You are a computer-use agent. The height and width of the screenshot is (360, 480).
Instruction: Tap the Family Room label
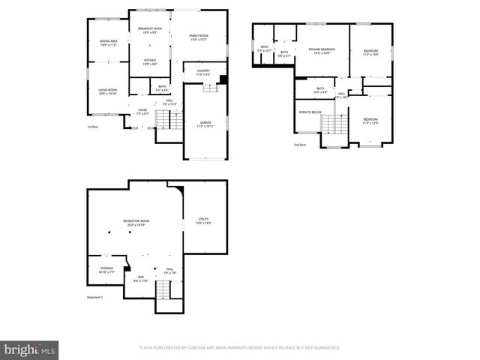click(199, 37)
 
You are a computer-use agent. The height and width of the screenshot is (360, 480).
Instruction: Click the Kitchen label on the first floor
click(149, 61)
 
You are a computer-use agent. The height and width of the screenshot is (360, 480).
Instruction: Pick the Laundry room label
click(202, 72)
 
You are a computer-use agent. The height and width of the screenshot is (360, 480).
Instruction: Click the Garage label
click(205, 124)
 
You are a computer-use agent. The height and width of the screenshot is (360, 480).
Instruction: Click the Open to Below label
click(310, 112)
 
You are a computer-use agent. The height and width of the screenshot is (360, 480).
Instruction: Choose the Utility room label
click(203, 221)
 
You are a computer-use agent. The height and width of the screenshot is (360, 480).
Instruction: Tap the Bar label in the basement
click(140, 278)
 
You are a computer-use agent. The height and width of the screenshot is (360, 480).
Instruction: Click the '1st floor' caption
click(94, 127)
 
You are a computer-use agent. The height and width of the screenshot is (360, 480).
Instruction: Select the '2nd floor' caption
click(300, 145)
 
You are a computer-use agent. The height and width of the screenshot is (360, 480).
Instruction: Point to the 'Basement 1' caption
click(95, 297)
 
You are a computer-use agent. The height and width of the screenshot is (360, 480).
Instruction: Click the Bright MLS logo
click(29, 349)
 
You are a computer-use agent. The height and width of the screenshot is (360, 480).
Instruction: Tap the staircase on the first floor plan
click(168, 118)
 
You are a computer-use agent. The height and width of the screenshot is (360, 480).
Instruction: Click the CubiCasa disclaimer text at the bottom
click(240, 348)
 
